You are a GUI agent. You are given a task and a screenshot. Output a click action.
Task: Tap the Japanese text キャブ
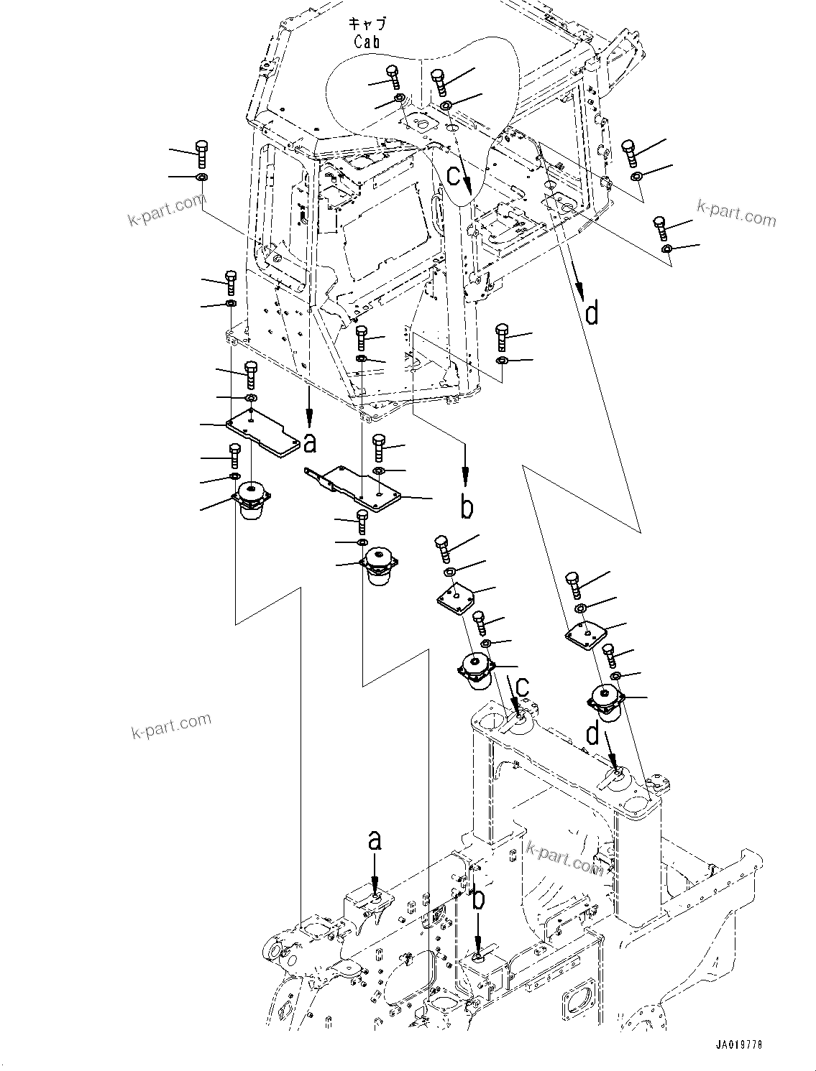tap(367, 24)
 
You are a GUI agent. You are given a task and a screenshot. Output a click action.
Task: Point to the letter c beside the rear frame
tap(522, 687)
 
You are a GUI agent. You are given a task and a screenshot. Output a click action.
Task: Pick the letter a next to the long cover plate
tap(310, 444)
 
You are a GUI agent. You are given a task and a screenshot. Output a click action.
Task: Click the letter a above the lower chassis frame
tap(375, 840)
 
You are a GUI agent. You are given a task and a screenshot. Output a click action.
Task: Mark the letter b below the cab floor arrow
tap(467, 507)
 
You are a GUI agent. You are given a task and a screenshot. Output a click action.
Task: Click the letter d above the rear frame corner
tap(592, 735)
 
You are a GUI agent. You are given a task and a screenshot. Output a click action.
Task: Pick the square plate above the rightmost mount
tap(586, 634)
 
